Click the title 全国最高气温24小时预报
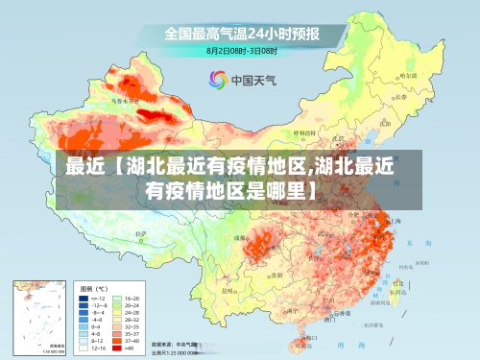point(241,33)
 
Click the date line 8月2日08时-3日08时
point(242,49)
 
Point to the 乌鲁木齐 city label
point(126,99)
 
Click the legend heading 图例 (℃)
point(93,288)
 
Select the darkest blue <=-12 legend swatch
point(84,299)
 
